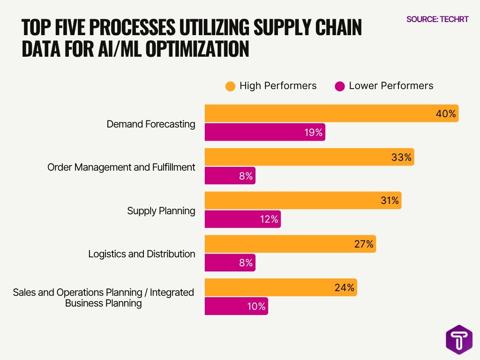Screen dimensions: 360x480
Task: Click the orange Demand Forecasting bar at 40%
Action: (331, 113)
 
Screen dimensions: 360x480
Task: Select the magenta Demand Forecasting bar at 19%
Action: (265, 132)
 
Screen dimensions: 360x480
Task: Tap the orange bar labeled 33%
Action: (309, 157)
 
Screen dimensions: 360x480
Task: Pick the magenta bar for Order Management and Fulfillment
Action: (230, 176)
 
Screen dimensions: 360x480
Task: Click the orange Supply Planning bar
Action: (303, 200)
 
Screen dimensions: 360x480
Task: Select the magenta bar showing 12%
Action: (243, 219)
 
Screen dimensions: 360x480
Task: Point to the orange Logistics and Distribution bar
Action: (290, 244)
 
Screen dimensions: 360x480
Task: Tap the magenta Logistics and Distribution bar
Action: (230, 262)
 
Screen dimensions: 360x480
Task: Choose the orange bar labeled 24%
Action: (281, 287)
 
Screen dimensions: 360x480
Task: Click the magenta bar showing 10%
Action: (236, 306)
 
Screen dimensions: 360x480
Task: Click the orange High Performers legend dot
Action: (230, 86)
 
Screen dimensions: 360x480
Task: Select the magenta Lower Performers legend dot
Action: (340, 86)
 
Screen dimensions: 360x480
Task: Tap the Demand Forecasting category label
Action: (150, 124)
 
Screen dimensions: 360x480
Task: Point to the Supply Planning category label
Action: (161, 211)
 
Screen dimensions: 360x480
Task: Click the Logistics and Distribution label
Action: (142, 254)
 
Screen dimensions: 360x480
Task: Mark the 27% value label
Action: (363, 244)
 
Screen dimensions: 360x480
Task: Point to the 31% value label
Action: (389, 201)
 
